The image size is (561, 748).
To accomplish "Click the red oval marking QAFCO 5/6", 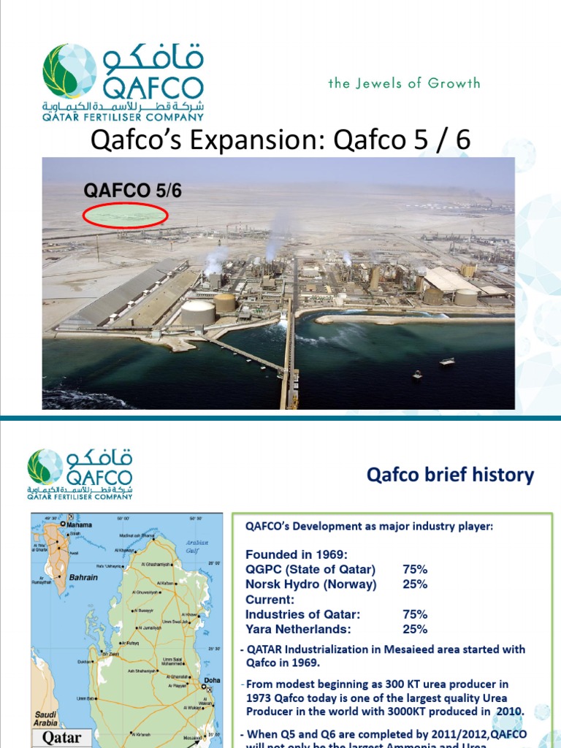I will pyautogui.click(x=126, y=215).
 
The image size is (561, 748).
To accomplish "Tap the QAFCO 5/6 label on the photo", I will pyautogui.click(x=132, y=191).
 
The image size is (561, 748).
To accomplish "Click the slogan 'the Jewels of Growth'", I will pyautogui.click(x=404, y=83).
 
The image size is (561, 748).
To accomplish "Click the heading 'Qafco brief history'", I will pyautogui.click(x=450, y=476).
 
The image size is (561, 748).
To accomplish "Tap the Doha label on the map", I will pyautogui.click(x=213, y=680).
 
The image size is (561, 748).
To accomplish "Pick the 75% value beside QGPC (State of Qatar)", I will pyautogui.click(x=415, y=569).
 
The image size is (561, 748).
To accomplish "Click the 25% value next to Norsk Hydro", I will pyautogui.click(x=415, y=584).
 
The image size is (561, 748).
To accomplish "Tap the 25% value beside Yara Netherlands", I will pyautogui.click(x=415, y=629).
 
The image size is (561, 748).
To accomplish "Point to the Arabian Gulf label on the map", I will pyautogui.click(x=196, y=546).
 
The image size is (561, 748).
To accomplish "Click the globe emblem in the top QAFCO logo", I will pyautogui.click(x=69, y=72).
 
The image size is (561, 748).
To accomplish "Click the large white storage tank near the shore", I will pyautogui.click(x=197, y=313).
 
